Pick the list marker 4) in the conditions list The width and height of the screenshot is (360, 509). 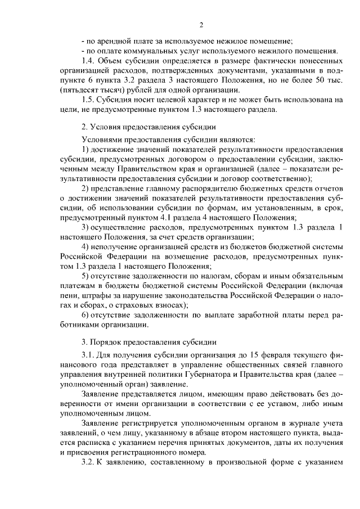pyautogui.click(x=86, y=246)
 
